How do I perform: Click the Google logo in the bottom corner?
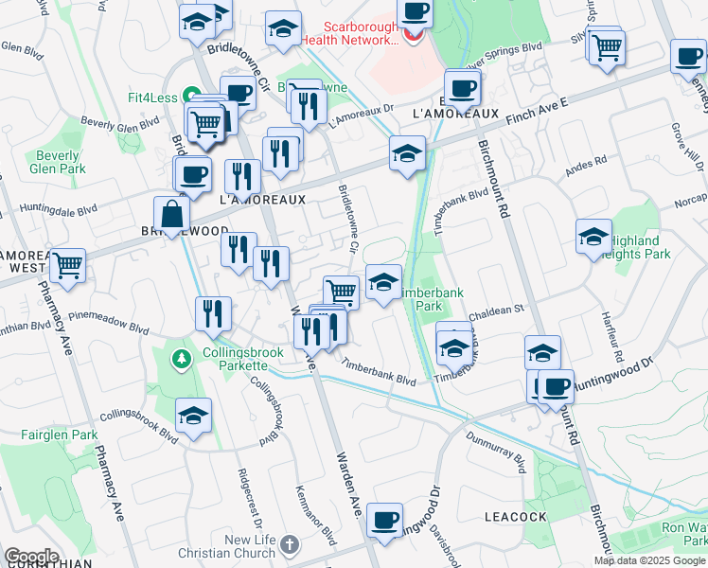click(30, 557)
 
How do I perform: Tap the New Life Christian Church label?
click(250, 546)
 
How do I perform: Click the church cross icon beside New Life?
click(290, 546)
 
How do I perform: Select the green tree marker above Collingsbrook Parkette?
click(180, 359)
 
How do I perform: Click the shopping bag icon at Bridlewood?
click(172, 215)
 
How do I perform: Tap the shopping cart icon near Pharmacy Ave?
click(68, 266)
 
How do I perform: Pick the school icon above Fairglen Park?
click(194, 416)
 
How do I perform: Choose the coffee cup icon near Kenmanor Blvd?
click(384, 521)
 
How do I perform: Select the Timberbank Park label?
click(432, 300)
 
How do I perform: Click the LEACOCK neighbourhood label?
click(515, 517)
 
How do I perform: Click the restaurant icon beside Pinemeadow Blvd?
click(213, 312)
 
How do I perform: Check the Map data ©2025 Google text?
click(649, 560)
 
